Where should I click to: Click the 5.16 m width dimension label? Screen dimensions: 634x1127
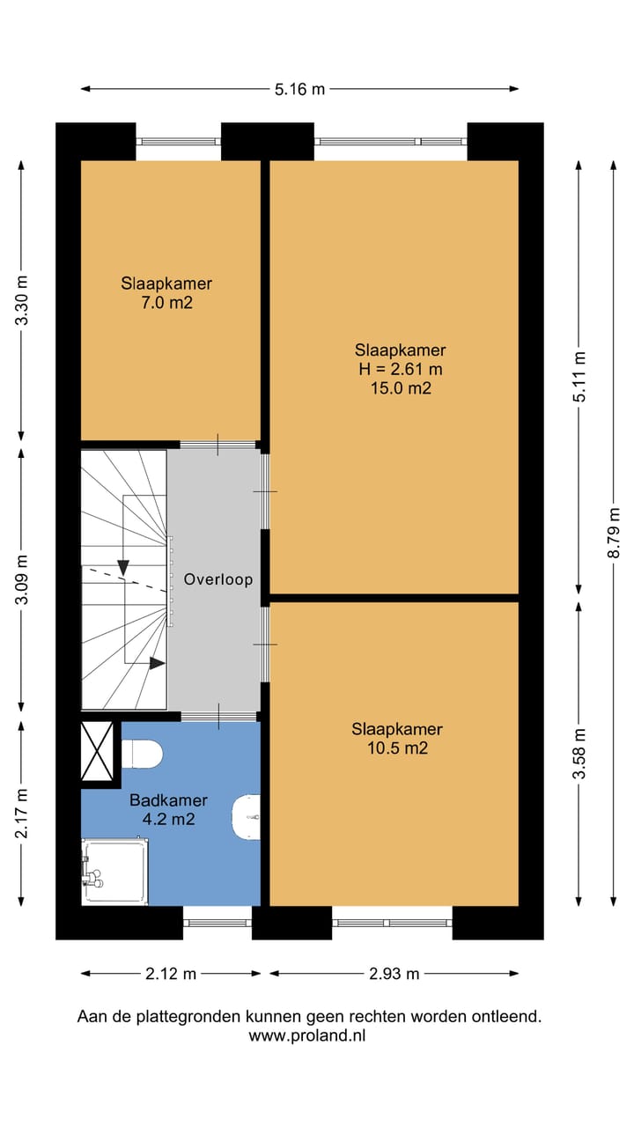coord(300,89)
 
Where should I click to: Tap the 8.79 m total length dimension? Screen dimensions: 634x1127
coord(614,533)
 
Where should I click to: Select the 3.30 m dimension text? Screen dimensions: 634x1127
coord(22,300)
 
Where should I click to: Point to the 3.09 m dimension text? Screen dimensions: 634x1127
coord(22,579)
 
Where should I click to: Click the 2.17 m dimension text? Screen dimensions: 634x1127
coord(22,813)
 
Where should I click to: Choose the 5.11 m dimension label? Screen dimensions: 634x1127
coord(579,376)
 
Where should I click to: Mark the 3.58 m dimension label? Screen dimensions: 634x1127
coord(579,753)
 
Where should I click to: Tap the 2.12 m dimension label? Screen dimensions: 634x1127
coord(171,974)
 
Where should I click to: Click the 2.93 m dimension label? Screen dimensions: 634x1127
coord(394,974)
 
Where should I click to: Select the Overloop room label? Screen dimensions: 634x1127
coord(217,579)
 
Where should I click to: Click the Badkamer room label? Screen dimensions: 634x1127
coord(168,800)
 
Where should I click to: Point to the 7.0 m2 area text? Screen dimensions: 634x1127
coord(167,303)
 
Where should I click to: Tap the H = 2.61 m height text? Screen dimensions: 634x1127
coord(401,369)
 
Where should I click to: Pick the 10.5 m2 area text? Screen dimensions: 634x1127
coord(397,748)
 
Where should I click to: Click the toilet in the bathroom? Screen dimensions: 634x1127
coord(142,753)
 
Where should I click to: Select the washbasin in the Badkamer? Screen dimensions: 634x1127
coord(247,817)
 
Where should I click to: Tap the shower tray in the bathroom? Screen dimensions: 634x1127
coord(115,871)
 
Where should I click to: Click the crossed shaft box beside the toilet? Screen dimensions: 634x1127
coord(97,751)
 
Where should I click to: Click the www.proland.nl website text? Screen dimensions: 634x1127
coord(307,1036)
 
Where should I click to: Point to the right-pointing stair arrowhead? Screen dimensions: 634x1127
coord(158,664)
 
